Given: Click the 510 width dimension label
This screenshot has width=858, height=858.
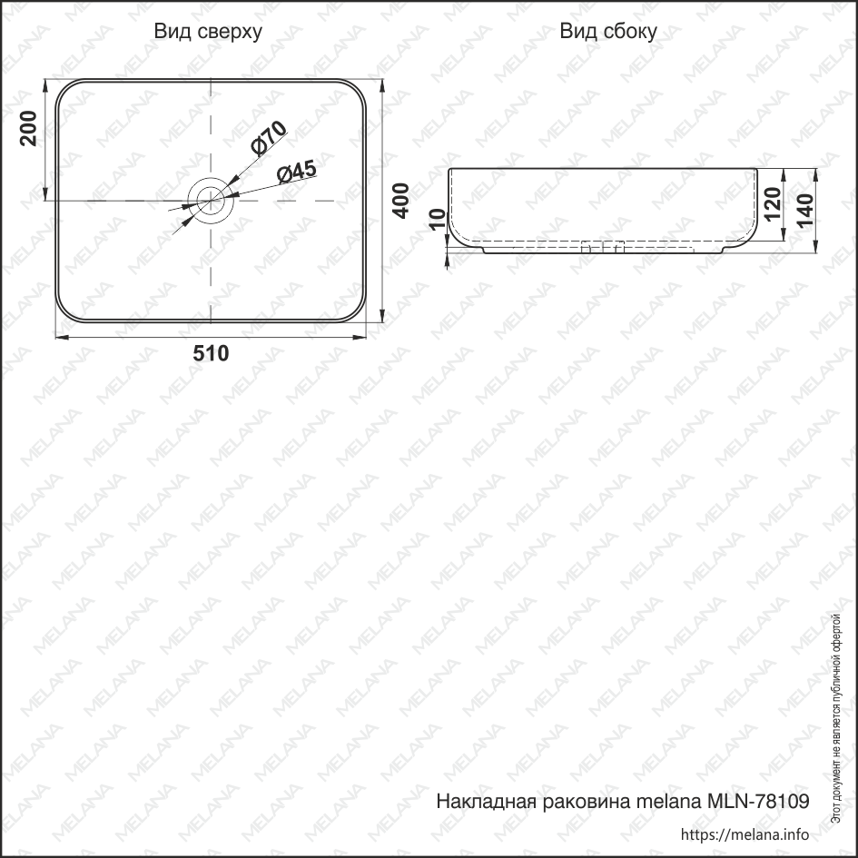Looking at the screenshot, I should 211,354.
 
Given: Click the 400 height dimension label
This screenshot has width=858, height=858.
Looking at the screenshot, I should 400,201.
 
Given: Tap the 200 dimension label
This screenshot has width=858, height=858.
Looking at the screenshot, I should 27,128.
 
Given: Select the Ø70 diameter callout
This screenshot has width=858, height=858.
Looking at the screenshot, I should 269,136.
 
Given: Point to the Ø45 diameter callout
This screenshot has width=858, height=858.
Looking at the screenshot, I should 296,172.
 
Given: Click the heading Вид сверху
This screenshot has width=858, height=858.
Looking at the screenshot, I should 208,33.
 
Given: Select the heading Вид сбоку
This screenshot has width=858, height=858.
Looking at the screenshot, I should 607,33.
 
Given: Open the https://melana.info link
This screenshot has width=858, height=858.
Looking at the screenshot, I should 744,834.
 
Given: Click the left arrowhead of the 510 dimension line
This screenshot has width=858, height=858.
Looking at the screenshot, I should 61,338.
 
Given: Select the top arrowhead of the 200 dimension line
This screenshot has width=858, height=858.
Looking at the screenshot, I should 45,84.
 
